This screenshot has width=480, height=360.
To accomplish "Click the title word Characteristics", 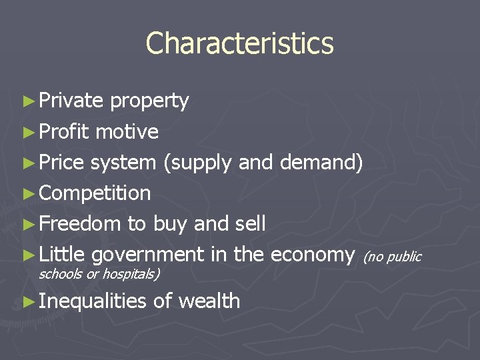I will click(239, 43).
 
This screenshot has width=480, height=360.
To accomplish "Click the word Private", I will click(71, 101).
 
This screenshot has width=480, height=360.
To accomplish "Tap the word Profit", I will click(64, 131).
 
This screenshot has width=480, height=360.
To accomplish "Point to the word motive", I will click(127, 131).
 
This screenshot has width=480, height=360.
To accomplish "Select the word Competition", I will click(95, 194).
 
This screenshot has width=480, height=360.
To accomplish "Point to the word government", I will click(147, 255).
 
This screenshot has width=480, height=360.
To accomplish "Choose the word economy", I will click(312, 255).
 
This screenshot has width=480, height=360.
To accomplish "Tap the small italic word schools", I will click(61, 273).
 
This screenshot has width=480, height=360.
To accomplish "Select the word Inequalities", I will click(92, 301).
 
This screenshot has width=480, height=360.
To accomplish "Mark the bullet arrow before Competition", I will click(27, 194).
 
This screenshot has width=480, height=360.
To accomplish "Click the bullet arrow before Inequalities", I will click(27, 301).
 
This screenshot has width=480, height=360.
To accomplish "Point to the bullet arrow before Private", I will click(27, 101).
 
